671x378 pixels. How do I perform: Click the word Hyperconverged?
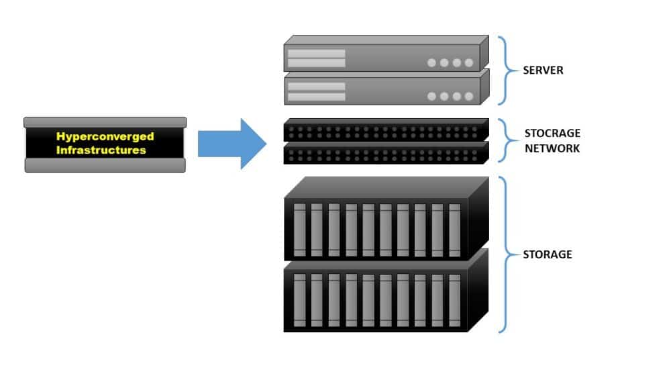pyautogui.click(x=105, y=137)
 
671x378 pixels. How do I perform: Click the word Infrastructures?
pyautogui.click(x=101, y=150)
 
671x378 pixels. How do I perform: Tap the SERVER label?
pyautogui.click(x=544, y=70)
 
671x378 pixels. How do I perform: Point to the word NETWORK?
pyautogui.click(x=552, y=148)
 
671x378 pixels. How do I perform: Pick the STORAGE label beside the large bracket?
pyautogui.click(x=548, y=254)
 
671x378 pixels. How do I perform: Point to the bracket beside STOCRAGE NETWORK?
pyautogui.click(x=505, y=142)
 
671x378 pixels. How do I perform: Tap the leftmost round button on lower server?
pyautogui.click(x=431, y=96)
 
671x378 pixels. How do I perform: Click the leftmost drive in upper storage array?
pyautogui.click(x=299, y=229)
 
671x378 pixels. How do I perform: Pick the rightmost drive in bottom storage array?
pyautogui.click(x=455, y=299)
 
